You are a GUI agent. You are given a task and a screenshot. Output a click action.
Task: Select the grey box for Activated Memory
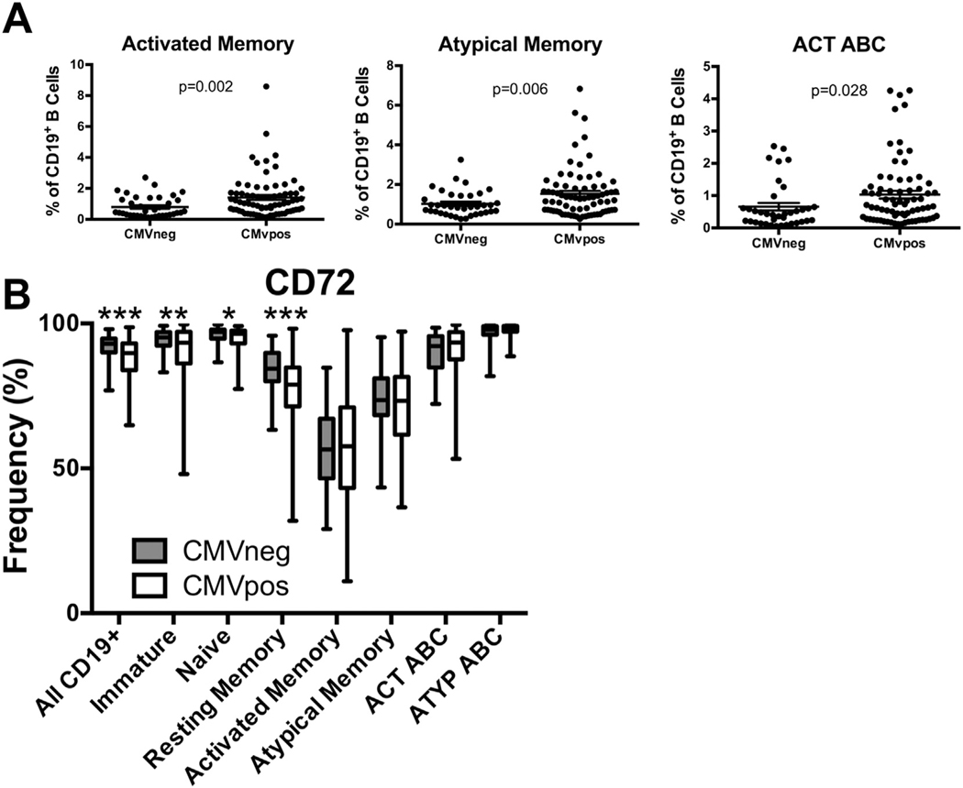[x=326, y=447]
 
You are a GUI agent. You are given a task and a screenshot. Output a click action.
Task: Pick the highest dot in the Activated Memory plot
[x=240, y=86]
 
